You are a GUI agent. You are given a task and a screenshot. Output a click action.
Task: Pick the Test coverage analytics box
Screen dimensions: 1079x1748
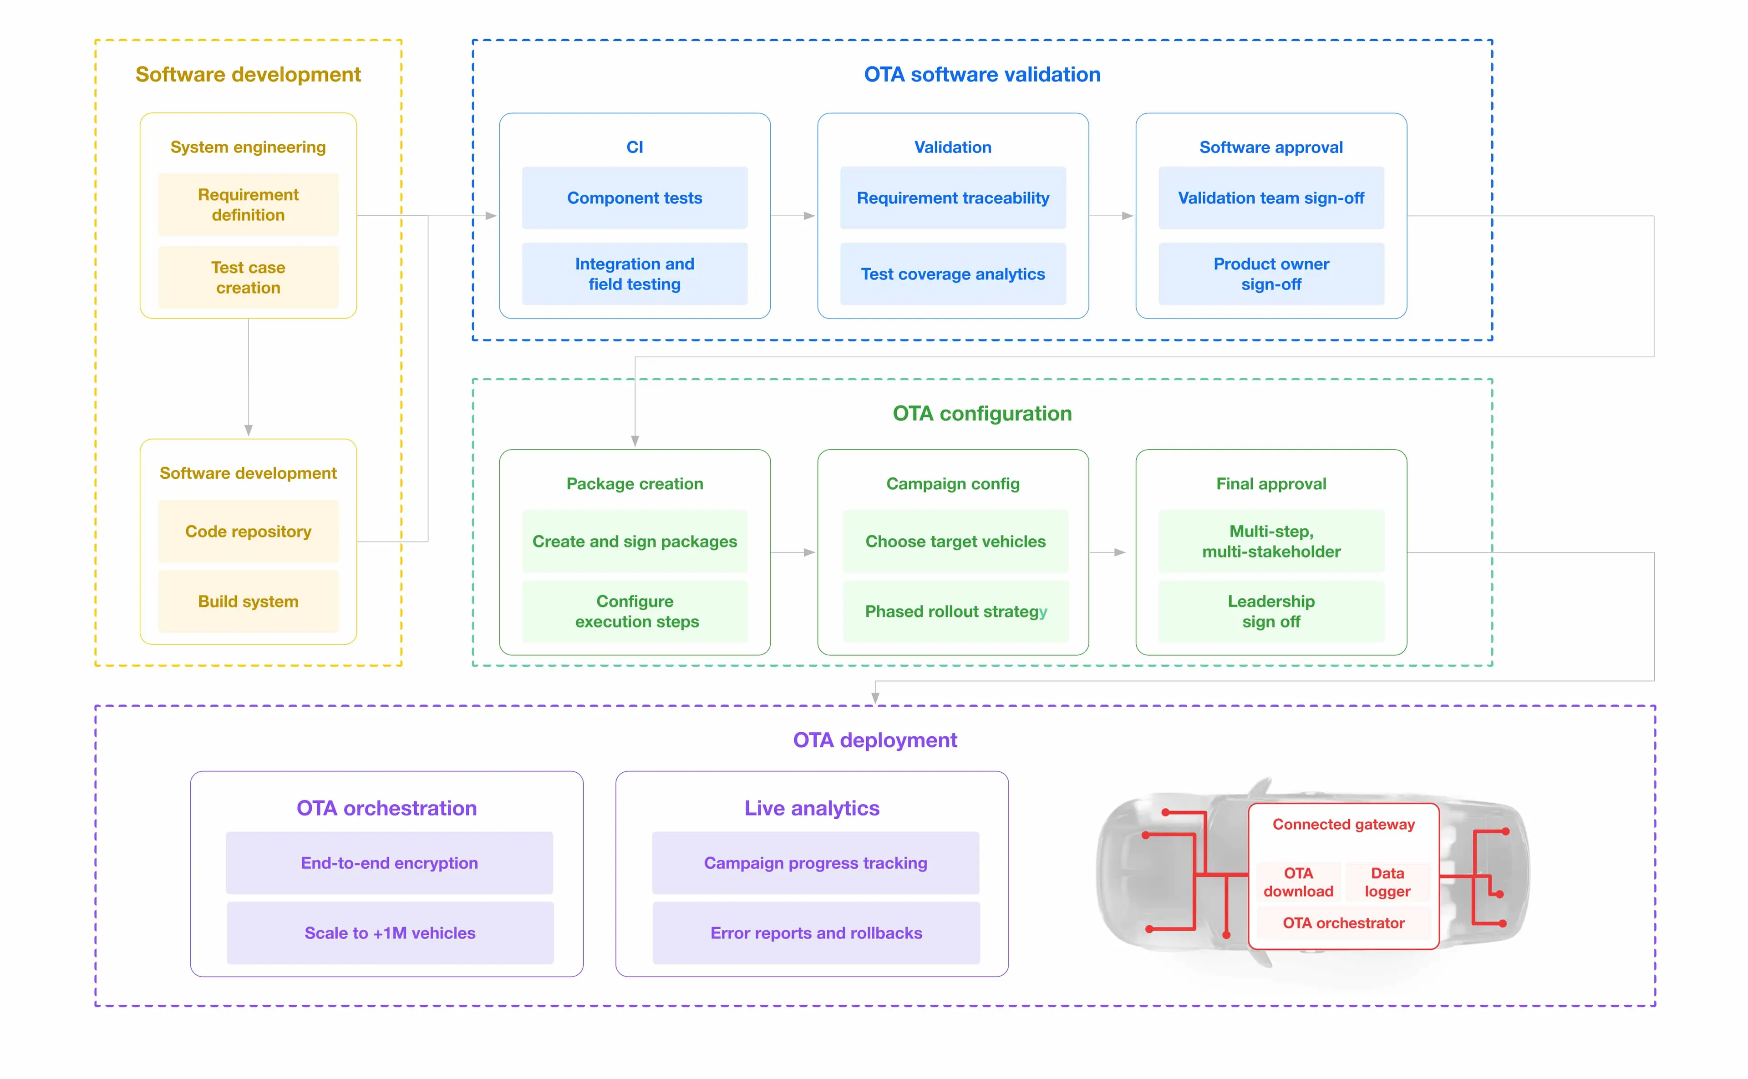952,274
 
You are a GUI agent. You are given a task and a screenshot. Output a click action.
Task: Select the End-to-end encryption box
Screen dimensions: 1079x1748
389,863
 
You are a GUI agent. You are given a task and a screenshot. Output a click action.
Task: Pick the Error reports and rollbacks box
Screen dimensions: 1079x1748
816,933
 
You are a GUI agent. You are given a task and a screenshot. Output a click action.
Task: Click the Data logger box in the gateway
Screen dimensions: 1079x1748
1387,882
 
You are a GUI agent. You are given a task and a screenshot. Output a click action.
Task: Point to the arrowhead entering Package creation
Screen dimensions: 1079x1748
635,441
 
